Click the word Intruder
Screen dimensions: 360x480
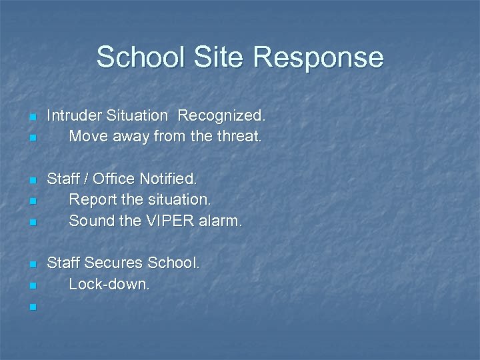(73, 116)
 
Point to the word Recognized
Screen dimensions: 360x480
(221, 116)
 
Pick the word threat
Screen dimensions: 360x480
(239, 137)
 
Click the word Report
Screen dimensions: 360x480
(92, 199)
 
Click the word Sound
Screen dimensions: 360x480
(91, 221)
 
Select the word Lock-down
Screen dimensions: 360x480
(110, 284)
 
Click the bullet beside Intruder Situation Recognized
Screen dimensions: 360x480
(32, 118)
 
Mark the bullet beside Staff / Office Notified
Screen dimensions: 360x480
(32, 181)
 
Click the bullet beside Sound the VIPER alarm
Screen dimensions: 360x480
(32, 223)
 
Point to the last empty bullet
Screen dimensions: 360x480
(32, 307)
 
